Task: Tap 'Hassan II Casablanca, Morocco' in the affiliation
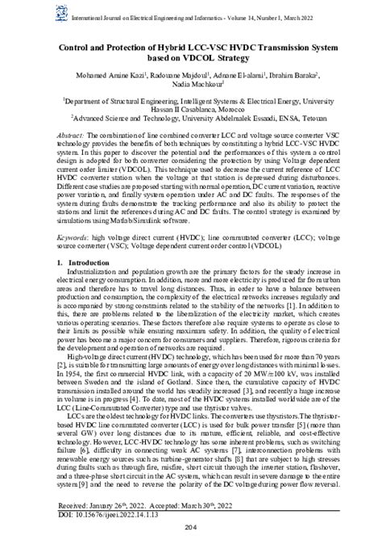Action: pos(191,108)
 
